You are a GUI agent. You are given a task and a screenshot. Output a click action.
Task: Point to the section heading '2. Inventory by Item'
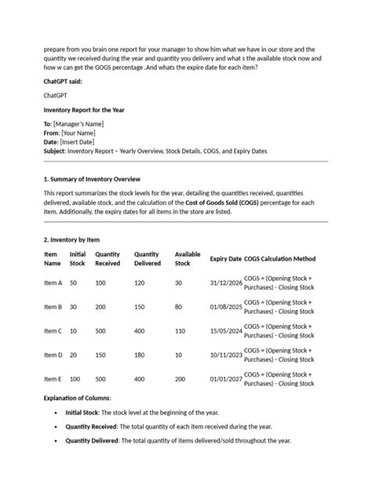[71, 239]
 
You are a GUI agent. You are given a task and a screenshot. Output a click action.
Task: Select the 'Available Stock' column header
[187, 259]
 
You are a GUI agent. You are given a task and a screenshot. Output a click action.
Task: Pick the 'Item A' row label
[53, 283]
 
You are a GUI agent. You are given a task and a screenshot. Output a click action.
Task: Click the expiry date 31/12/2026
[225, 283]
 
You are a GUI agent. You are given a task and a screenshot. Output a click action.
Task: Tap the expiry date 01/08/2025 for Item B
[225, 307]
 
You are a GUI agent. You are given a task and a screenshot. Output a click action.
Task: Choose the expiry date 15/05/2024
[225, 330]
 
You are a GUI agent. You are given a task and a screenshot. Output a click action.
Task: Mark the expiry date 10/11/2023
[225, 355]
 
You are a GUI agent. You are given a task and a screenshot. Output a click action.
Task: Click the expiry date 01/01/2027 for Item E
[225, 378]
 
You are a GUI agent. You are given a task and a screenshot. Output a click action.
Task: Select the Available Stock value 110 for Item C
[180, 330]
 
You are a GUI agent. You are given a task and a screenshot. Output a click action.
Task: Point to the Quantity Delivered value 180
[140, 355]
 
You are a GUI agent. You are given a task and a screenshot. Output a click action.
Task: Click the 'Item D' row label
[53, 355]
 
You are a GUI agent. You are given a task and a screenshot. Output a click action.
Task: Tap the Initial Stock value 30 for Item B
[74, 307]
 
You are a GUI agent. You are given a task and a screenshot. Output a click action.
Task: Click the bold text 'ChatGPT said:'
[66, 81]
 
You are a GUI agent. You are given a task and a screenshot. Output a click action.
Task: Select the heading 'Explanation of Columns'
[77, 398]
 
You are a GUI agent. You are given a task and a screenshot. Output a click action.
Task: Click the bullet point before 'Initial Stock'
[54, 412]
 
